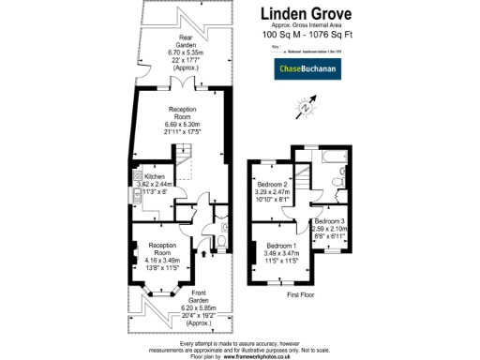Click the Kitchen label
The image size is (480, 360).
pos(154,175)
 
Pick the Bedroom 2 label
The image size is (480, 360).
pos(272,183)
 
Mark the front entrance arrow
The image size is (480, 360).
pos(204,279)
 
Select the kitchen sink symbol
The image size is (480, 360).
pos(137,176)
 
